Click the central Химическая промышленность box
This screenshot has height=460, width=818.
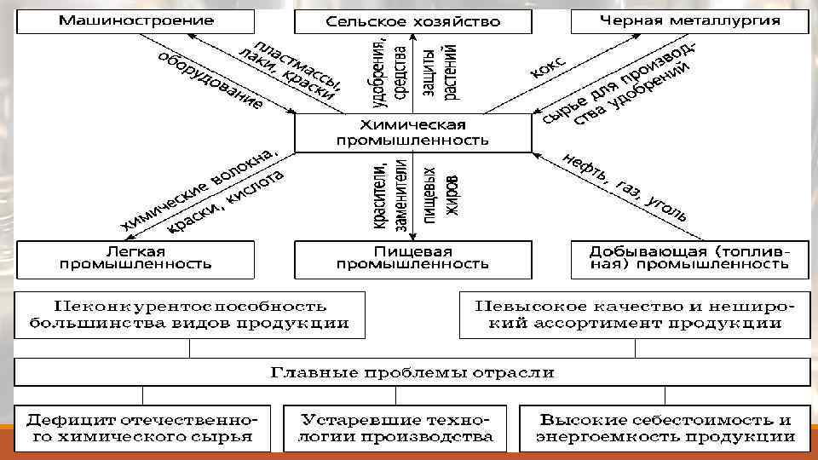[412, 131]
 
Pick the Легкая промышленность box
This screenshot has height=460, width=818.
[135, 258]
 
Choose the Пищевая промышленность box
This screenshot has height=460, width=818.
[412, 258]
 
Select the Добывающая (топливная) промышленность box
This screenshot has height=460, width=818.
[689, 258]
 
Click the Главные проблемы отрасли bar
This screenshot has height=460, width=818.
[412, 372]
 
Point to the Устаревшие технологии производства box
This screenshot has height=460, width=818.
[397, 428]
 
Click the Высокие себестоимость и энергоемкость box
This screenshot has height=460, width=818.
[665, 428]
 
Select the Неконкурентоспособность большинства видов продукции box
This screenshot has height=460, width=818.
[189, 314]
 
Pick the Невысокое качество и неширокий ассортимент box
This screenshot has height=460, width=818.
[634, 314]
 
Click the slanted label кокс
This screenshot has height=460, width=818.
[549, 68]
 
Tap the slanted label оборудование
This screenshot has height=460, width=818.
[210, 81]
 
